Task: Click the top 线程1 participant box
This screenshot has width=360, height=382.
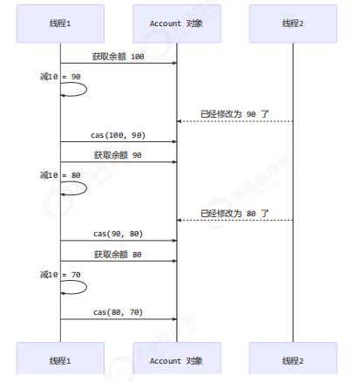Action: click(60, 24)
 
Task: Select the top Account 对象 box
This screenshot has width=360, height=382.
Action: click(177, 24)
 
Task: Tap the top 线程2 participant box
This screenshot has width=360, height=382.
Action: click(293, 24)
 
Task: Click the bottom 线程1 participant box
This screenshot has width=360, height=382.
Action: click(60, 358)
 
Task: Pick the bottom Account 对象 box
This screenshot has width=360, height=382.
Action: click(177, 358)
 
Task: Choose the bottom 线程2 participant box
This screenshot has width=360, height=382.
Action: click(293, 358)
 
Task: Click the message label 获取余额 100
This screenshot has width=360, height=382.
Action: click(118, 57)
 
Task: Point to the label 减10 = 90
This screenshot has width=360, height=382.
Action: click(60, 77)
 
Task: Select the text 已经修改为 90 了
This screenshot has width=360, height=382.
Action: click(234, 114)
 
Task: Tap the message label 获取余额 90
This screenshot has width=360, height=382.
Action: click(118, 155)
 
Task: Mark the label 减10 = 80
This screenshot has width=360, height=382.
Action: click(60, 175)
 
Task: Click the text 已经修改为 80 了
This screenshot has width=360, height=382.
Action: click(234, 214)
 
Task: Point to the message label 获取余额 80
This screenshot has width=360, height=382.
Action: click(118, 255)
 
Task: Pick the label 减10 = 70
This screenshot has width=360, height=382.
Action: click(60, 275)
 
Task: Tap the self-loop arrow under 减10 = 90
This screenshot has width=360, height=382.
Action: click(86, 89)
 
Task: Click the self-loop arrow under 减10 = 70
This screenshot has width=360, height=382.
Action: click(86, 287)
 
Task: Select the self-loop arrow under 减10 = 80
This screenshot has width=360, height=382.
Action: click(86, 188)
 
